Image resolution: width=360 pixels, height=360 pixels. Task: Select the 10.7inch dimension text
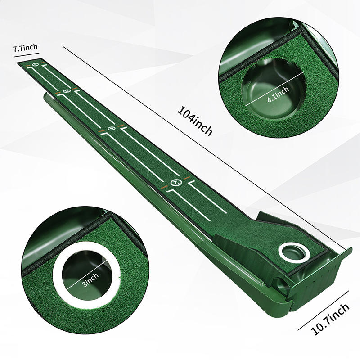click(x=331, y=318)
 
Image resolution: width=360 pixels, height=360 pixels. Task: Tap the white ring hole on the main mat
click(x=289, y=252)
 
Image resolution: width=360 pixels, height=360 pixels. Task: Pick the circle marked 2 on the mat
click(x=176, y=183)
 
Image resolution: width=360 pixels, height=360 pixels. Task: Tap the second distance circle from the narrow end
click(x=67, y=92)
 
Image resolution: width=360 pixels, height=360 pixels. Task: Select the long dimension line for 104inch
click(x=207, y=148)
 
